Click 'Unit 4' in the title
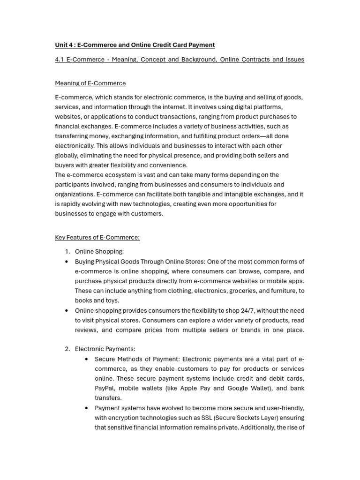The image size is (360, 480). (64, 45)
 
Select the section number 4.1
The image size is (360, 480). (60, 60)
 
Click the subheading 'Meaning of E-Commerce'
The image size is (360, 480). (90, 83)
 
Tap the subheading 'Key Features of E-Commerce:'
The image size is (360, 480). (97, 238)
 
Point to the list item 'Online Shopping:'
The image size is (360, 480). (99, 252)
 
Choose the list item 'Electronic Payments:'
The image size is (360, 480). (105, 349)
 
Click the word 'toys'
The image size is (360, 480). (112, 300)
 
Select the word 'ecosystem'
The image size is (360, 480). (122, 175)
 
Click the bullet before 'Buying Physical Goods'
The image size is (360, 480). (67, 262)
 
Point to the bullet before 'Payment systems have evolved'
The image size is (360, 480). (87, 408)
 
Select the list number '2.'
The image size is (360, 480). (67, 349)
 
